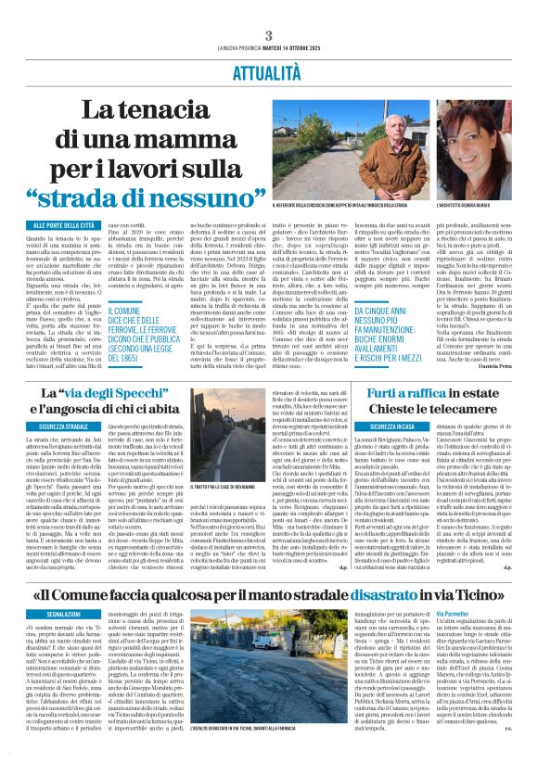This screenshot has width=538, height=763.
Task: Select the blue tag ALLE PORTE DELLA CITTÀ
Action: (63, 225)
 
